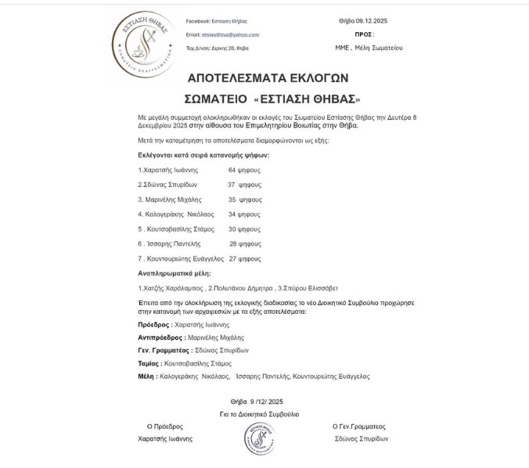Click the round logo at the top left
(144, 45)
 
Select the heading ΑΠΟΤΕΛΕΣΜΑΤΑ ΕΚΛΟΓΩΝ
(268, 78)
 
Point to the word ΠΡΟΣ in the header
(363, 34)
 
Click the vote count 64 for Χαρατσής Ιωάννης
(232, 170)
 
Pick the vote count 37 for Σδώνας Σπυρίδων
(232, 185)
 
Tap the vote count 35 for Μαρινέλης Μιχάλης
(232, 200)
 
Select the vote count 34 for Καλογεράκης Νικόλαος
(232, 214)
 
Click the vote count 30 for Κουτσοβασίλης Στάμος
(232, 229)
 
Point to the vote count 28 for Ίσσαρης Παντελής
(233, 243)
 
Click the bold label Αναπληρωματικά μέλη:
(174, 273)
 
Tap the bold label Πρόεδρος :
(154, 324)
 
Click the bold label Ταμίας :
(150, 363)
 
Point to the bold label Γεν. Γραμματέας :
(164, 350)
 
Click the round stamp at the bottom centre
(259, 438)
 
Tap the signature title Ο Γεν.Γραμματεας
(358, 427)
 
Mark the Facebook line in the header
(216, 21)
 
